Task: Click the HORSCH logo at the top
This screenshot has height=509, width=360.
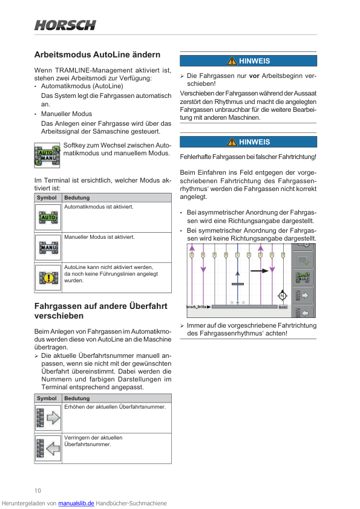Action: (65, 25)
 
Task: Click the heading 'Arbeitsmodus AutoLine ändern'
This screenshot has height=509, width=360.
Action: (97, 54)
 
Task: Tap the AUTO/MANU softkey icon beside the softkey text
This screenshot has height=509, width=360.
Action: (47, 155)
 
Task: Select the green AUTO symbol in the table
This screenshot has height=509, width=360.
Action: (48, 217)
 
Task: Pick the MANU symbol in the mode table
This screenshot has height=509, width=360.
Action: (48, 247)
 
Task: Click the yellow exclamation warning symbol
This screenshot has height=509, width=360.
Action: (48, 278)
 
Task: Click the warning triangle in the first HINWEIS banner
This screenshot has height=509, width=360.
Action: (232, 60)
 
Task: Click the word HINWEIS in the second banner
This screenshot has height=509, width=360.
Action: (254, 142)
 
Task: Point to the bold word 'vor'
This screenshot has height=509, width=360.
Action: (254, 76)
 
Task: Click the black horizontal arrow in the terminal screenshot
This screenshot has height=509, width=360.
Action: (260, 270)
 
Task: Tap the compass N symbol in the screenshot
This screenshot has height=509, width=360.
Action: (283, 296)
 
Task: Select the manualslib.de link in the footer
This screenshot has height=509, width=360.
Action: (76, 503)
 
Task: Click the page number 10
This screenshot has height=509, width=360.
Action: (38, 490)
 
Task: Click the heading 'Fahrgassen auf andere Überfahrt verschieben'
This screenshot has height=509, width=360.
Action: (100, 311)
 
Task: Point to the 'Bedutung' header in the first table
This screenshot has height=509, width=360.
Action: (77, 198)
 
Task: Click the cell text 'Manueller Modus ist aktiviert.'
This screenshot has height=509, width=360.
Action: (99, 237)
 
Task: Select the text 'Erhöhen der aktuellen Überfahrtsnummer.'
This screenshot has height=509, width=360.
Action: (115, 407)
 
